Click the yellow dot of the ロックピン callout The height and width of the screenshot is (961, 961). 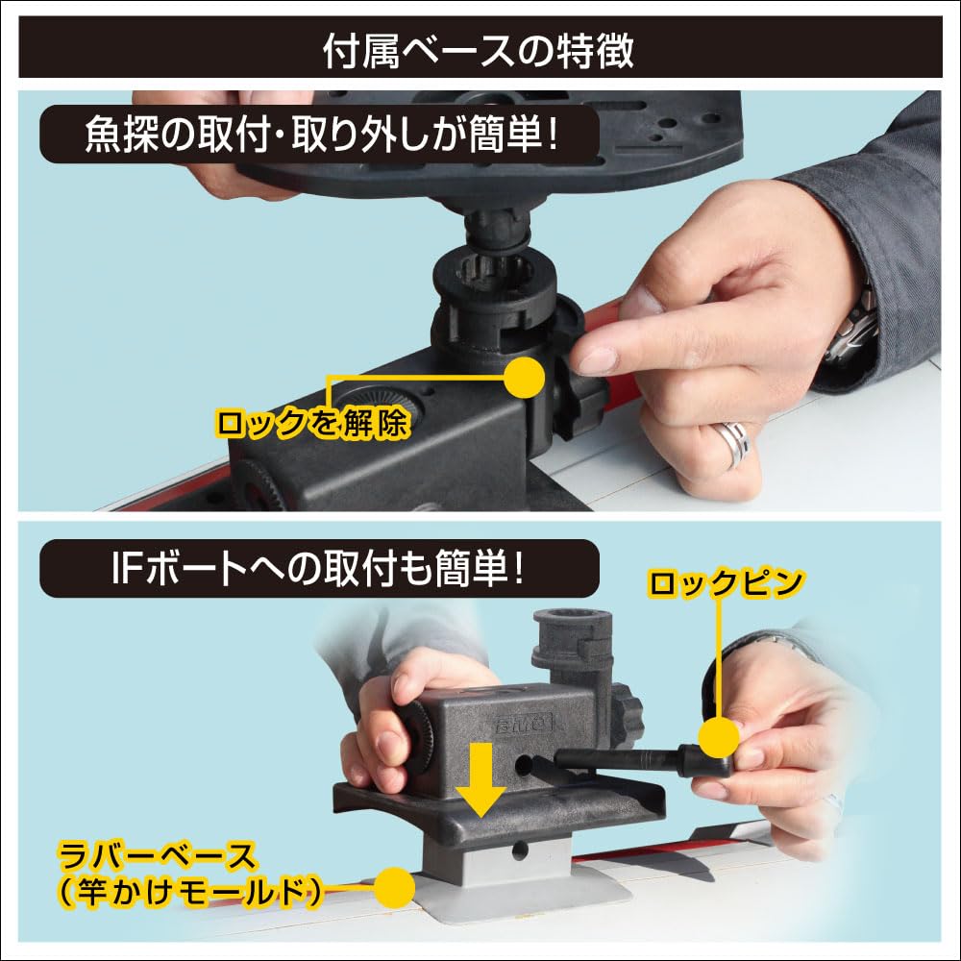[x=719, y=738]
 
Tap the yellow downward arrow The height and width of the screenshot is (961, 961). [x=480, y=776]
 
